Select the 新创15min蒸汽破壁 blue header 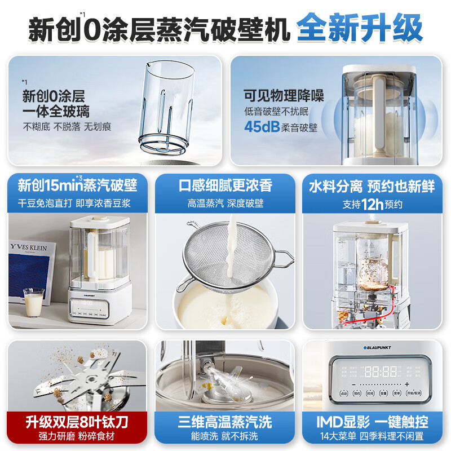(x=77, y=185)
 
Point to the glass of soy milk (x=33, y=303)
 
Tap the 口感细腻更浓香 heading (x=225, y=185)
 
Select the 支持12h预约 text (x=373, y=204)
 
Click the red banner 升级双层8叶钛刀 (x=77, y=421)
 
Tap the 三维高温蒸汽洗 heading (x=225, y=421)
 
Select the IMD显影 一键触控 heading (x=373, y=421)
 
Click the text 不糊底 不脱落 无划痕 (x=67, y=126)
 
